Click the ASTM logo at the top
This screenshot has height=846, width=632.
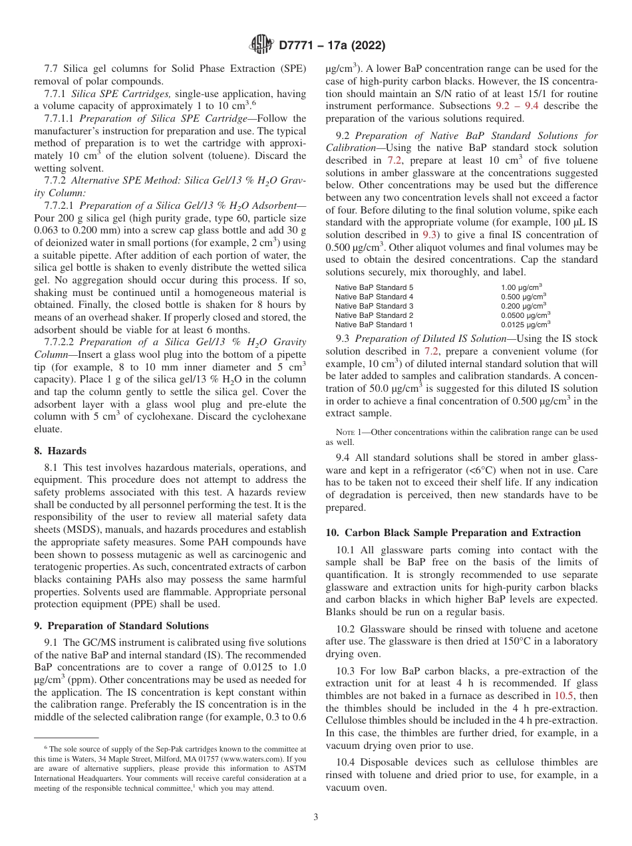click(261, 45)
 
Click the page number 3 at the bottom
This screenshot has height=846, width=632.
click(316, 817)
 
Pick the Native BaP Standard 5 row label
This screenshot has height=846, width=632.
click(374, 287)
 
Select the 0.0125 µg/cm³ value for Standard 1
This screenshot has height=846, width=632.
click(525, 325)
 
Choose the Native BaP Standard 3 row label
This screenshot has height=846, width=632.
click(374, 306)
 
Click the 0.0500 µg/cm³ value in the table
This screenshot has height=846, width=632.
click(525, 315)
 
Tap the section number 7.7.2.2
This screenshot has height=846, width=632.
click(59, 342)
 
